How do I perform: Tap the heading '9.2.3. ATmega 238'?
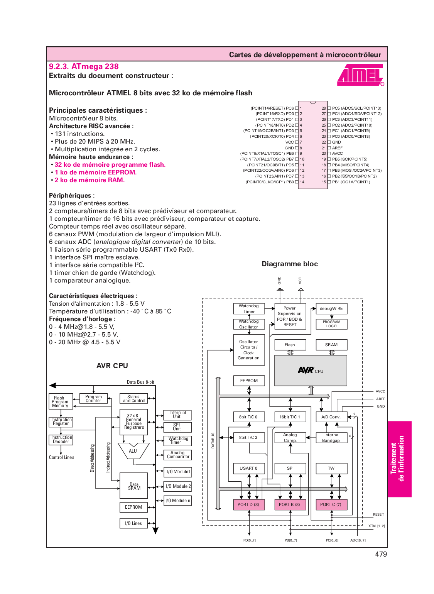[x=84, y=66]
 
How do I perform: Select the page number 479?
[x=381, y=554]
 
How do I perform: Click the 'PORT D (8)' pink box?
[x=248, y=504]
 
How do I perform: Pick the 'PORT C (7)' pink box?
[x=331, y=504]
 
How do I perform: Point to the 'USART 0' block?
[x=248, y=468]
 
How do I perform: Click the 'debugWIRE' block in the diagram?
[x=331, y=308]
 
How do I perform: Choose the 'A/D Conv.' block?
[x=331, y=417]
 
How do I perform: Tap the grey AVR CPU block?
[x=311, y=371]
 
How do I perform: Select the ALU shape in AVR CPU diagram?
[x=133, y=451]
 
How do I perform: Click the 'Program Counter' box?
[x=93, y=399]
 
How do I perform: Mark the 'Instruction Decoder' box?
[x=61, y=440]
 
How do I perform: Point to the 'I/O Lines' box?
[x=133, y=523]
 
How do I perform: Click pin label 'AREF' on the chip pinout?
[x=338, y=148]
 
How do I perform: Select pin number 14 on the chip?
[x=302, y=182]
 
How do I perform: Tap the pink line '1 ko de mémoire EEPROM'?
[x=95, y=172]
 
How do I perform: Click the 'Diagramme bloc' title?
[x=290, y=264]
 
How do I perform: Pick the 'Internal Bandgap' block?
[x=331, y=438]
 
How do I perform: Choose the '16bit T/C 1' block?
[x=290, y=417]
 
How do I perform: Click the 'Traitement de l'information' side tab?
[x=399, y=459]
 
